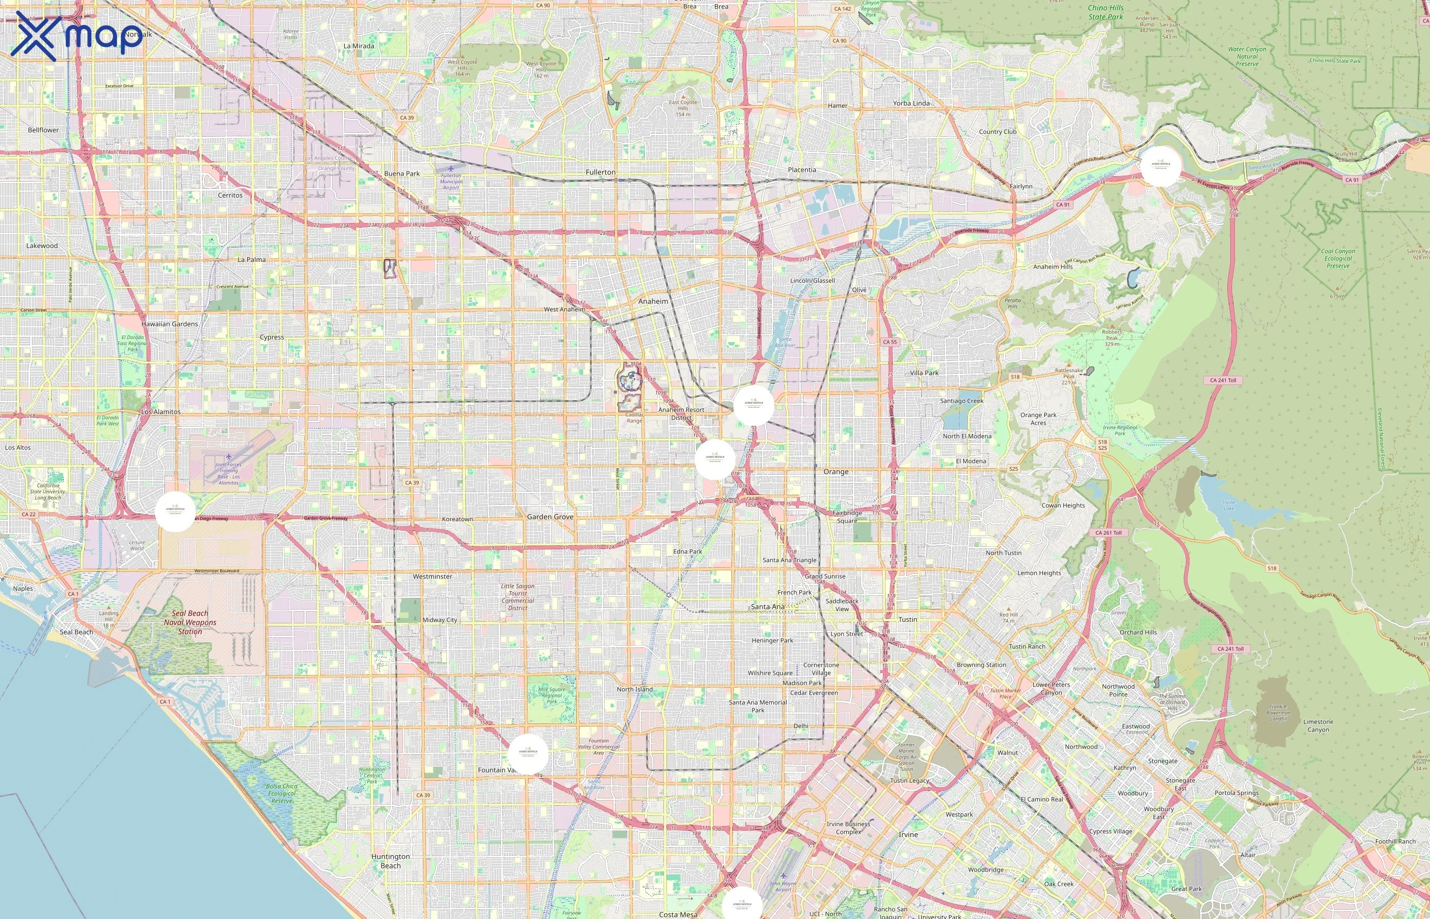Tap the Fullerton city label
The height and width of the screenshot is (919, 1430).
point(601,173)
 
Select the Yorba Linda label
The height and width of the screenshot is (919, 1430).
point(911,103)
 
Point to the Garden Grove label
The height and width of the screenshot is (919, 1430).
point(550,517)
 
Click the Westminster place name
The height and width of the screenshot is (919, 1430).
point(433,576)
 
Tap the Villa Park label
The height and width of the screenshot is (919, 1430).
point(924,373)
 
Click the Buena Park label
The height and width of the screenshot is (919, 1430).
point(401,174)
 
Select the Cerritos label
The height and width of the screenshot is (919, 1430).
point(230,195)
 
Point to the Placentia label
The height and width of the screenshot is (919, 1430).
point(801,170)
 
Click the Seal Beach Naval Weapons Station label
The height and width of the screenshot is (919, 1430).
point(190,622)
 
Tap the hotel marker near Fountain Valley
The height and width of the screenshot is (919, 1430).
point(528,754)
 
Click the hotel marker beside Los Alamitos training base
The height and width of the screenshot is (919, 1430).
point(175,512)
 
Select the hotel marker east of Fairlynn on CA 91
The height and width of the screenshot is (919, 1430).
point(1161,166)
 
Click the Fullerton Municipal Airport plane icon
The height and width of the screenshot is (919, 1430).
point(450,169)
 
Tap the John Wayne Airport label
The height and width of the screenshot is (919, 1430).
point(783,886)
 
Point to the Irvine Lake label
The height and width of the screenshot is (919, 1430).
point(1229,505)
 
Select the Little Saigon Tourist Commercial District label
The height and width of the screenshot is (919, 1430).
point(517,597)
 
